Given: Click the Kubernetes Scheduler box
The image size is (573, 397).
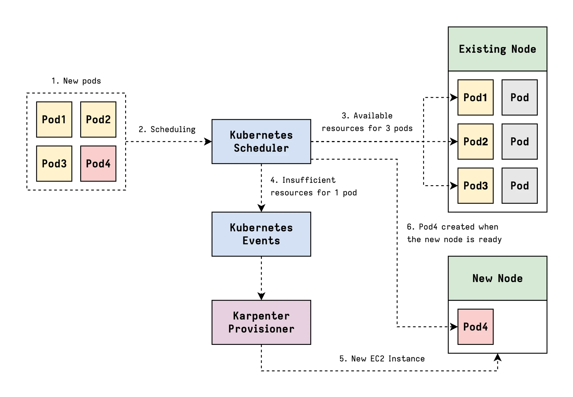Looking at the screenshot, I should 261,141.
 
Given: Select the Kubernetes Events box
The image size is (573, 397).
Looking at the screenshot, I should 261,234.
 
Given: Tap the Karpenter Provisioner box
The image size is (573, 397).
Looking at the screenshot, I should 261,322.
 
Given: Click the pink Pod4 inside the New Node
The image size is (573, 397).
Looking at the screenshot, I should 475,326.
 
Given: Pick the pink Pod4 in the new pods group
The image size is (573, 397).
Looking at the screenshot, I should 98,163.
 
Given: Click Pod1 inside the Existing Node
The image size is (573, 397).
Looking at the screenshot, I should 475,97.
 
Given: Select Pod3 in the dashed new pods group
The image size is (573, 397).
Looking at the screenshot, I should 54,163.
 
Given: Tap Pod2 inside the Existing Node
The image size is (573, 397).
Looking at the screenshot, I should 475,141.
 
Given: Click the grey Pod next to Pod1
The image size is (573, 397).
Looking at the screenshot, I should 519,97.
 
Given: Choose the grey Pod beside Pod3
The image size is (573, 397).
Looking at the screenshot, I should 519,185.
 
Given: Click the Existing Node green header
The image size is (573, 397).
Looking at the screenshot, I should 497,49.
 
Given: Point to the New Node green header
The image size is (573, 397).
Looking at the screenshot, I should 497,278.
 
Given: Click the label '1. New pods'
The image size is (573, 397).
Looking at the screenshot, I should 76,81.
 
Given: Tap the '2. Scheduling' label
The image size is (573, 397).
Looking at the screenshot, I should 167,129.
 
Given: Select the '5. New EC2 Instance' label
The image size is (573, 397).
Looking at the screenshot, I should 382,359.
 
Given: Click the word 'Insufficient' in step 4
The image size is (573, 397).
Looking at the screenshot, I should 309,180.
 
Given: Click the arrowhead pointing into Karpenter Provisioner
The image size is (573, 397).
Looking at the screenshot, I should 261,296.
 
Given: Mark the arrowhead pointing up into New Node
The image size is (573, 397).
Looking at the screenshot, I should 498,357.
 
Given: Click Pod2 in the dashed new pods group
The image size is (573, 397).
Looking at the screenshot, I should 98,119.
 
